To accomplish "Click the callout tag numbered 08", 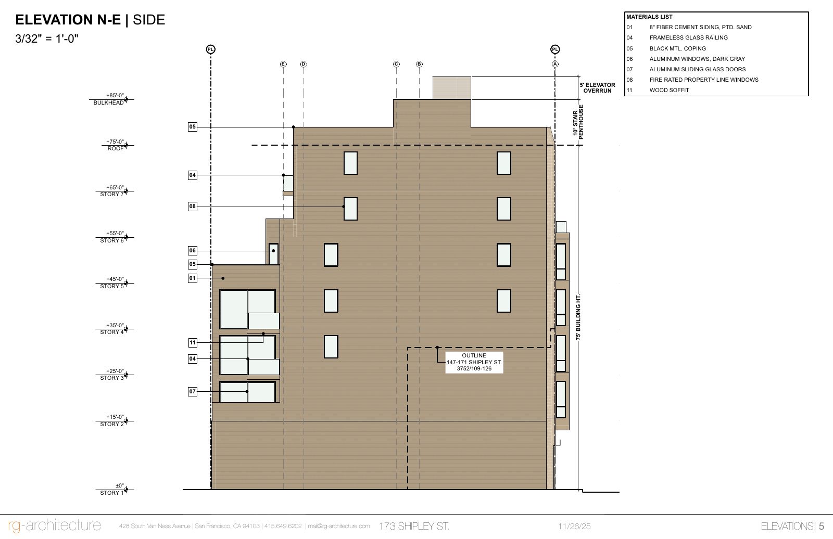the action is pyautogui.click(x=192, y=207).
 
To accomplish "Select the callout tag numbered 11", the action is pyautogui.click(x=192, y=343).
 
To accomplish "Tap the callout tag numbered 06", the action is pyautogui.click(x=192, y=251).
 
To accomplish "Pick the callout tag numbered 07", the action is pyautogui.click(x=192, y=391).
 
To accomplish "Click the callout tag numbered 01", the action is pyautogui.click(x=192, y=278).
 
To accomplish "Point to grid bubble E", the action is pyautogui.click(x=283, y=64).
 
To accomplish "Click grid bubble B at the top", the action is pyautogui.click(x=419, y=64).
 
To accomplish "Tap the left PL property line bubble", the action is pyautogui.click(x=211, y=49).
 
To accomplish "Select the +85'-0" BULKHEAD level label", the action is pyautogui.click(x=110, y=99).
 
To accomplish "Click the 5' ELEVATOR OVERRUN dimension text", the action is pyautogui.click(x=597, y=88).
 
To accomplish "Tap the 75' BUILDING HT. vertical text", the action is pyautogui.click(x=578, y=317).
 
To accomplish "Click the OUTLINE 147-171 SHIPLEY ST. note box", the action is pyautogui.click(x=474, y=363).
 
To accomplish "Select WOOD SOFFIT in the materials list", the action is pyautogui.click(x=669, y=91).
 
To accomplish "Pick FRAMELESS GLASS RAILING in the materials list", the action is pyautogui.click(x=688, y=37).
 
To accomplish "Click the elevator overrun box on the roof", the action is pyautogui.click(x=451, y=88).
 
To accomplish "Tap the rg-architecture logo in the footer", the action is pyautogui.click(x=54, y=525).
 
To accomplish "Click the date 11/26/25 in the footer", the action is pyautogui.click(x=574, y=527).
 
